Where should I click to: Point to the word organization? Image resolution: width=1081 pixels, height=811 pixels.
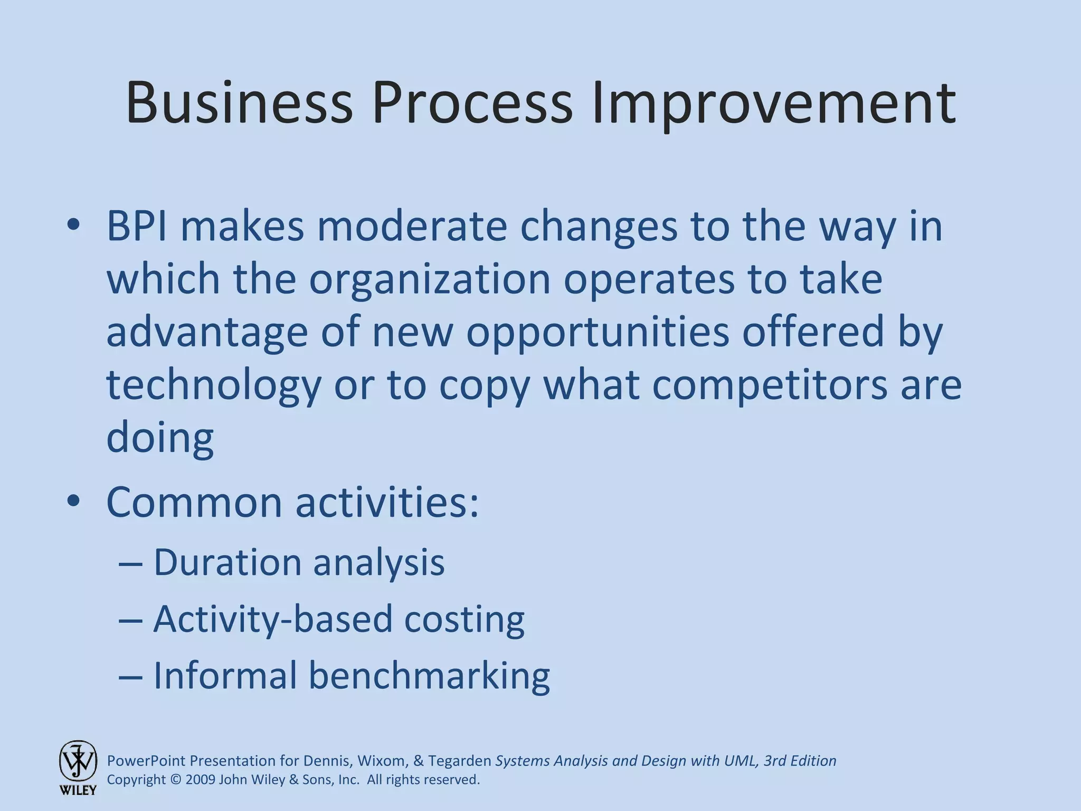pos(430,280)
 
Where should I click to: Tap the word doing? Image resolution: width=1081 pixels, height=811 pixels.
pos(160,438)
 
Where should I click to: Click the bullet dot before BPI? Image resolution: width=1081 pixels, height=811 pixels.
pos(73,225)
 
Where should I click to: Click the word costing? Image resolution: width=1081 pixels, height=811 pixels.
pos(464,619)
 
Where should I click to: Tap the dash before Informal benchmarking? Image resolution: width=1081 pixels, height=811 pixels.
pos(130,676)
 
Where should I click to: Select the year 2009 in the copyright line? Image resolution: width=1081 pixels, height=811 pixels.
pos(200,780)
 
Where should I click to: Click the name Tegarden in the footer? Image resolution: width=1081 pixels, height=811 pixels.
pos(459,761)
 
